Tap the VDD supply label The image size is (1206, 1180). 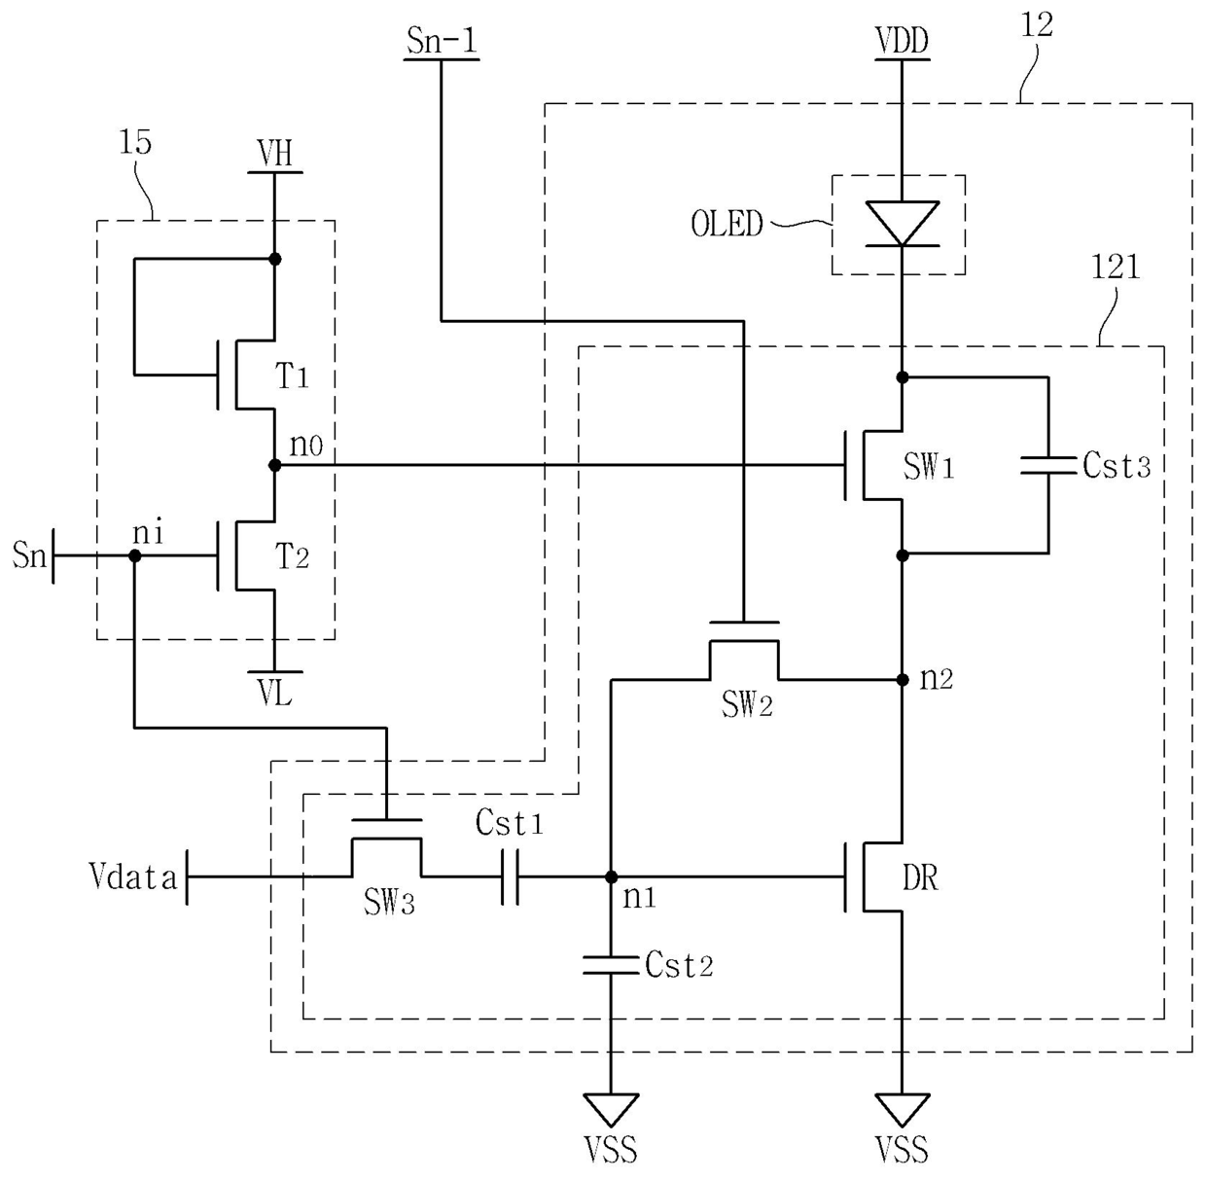pyautogui.click(x=903, y=41)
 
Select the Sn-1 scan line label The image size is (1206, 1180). pyautogui.click(x=442, y=41)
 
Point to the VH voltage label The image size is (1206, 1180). pyautogui.click(x=275, y=153)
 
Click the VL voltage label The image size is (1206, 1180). pyautogui.click(x=275, y=694)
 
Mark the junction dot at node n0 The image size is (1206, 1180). pyautogui.click(x=275, y=465)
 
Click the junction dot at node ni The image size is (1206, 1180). pyautogui.click(x=134, y=555)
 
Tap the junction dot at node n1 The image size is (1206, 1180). pyautogui.click(x=611, y=876)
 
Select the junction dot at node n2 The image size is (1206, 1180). pyautogui.click(x=903, y=680)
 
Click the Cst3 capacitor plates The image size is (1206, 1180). pyautogui.click(x=1048, y=465)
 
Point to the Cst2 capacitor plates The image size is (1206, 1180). pyautogui.click(x=611, y=965)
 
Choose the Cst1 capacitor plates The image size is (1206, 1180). pyautogui.click(x=510, y=876)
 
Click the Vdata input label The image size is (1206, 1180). pyautogui.click(x=133, y=876)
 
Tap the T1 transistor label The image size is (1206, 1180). pyautogui.click(x=292, y=375)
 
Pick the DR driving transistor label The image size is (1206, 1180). pyautogui.click(x=920, y=877)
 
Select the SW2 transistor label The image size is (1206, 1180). pyautogui.click(x=747, y=704)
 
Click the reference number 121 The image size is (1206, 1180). pyautogui.click(x=1116, y=268)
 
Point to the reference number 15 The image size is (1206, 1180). pyautogui.click(x=134, y=142)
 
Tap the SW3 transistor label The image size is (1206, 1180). pyautogui.click(x=389, y=903)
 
